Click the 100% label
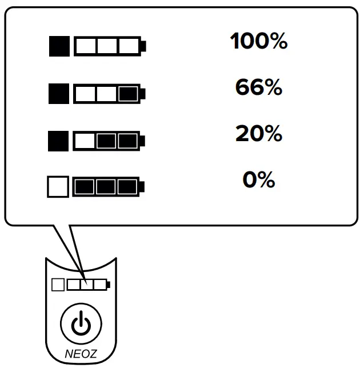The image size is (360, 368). pos(258,42)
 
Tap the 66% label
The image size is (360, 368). pos(258,88)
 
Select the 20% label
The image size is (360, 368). pos(258,134)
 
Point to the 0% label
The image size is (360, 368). pos(258,181)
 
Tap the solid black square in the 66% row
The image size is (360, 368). pos(59,93)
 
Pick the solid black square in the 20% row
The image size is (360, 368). pos(59,139)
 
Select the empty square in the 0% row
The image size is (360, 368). pos(58,186)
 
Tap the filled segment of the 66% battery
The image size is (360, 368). pos(128,93)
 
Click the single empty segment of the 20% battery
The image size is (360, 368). pos(85,139)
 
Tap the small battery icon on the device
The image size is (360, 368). pos(89,284)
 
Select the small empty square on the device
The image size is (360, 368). pos(58,284)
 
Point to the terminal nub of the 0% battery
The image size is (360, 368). pos(143,186)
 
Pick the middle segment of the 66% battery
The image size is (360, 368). pos(107,93)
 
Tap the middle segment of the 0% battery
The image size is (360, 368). pos(107,186)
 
